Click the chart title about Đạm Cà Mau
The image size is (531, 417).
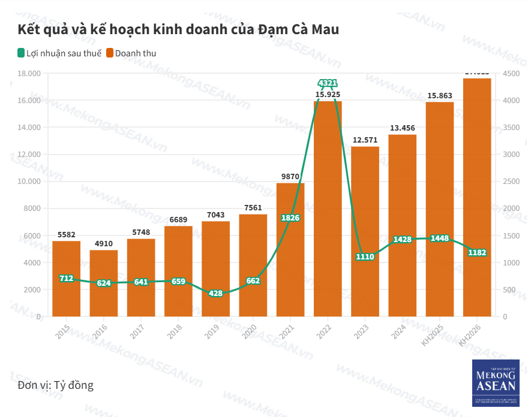[178, 29]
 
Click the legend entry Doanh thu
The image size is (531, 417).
[135, 53]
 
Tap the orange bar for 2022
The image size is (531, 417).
[328, 210]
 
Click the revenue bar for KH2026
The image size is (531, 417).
[477, 198]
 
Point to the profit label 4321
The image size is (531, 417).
[328, 83]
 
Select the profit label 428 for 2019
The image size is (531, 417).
[216, 294]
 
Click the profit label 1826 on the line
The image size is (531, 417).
[290, 217]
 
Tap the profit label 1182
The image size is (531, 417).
[477, 252]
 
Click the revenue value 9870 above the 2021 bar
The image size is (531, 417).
[290, 176]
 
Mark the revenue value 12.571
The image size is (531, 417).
[365, 140]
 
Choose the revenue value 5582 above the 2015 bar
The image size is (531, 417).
[67, 234]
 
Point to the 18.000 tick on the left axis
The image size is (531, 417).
[29, 74]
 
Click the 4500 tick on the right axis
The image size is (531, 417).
[511, 74]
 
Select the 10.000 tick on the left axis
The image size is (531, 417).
[29, 182]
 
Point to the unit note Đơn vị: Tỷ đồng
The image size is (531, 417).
[56, 385]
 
